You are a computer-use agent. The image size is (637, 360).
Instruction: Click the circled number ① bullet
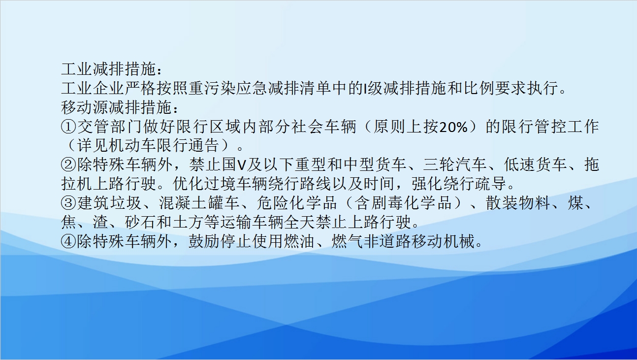(x=68, y=127)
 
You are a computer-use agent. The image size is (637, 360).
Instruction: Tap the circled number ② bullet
(x=68, y=165)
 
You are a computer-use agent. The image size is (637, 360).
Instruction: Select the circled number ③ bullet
(x=68, y=203)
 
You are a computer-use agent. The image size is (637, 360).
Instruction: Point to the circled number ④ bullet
(x=68, y=241)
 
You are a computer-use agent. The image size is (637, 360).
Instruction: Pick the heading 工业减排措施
(x=108, y=69)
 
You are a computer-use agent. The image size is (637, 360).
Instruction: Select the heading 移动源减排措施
(x=116, y=107)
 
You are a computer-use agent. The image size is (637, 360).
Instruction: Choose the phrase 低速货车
(x=535, y=165)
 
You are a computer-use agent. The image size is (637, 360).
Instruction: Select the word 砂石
(x=140, y=222)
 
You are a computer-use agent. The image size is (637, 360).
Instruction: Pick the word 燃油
(x=299, y=241)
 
